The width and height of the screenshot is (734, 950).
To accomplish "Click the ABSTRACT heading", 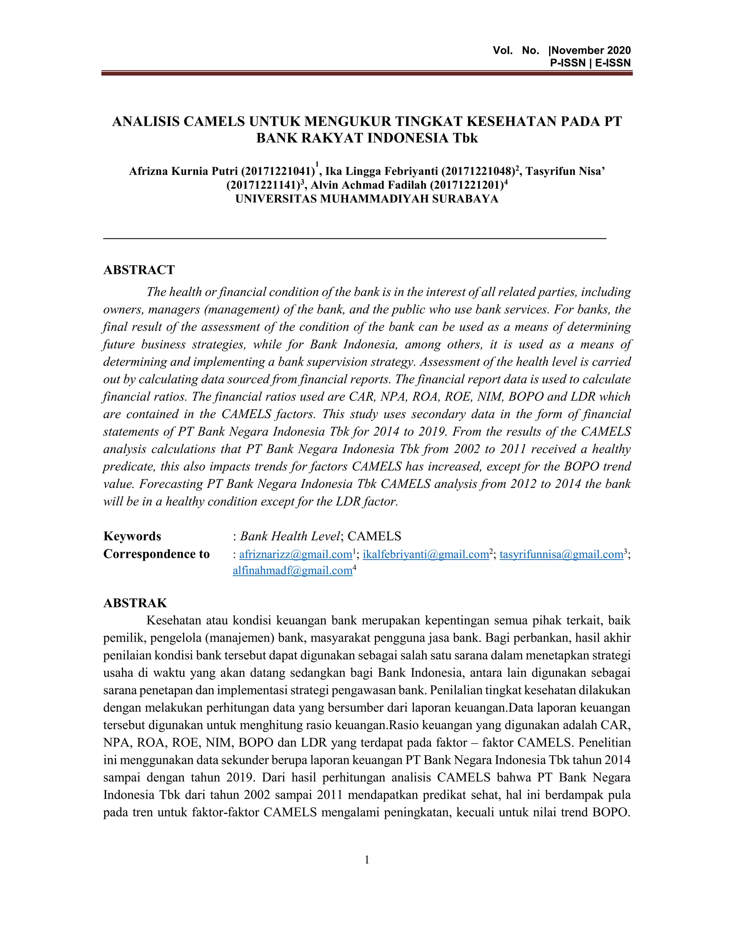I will point(139,270).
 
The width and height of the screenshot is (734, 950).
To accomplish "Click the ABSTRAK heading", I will point(135,603).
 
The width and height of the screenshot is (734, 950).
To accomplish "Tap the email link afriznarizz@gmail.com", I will point(295,555).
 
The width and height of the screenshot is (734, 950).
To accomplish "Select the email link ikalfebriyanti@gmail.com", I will point(426,555).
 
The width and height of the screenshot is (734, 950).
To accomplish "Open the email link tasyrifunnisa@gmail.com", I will point(561,555).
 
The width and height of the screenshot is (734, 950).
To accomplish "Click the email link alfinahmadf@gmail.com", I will point(292,571).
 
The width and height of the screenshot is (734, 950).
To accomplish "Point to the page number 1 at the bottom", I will point(367,860).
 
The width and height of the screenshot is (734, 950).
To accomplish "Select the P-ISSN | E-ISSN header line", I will point(590,63).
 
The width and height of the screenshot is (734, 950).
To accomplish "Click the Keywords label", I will point(132,536).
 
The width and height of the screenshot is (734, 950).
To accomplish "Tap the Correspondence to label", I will point(156,554).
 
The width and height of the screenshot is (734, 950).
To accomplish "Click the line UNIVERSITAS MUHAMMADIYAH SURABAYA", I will point(367,199).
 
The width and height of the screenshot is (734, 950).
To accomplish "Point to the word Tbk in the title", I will point(465,138).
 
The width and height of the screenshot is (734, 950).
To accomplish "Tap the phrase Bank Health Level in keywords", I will point(290,536).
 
